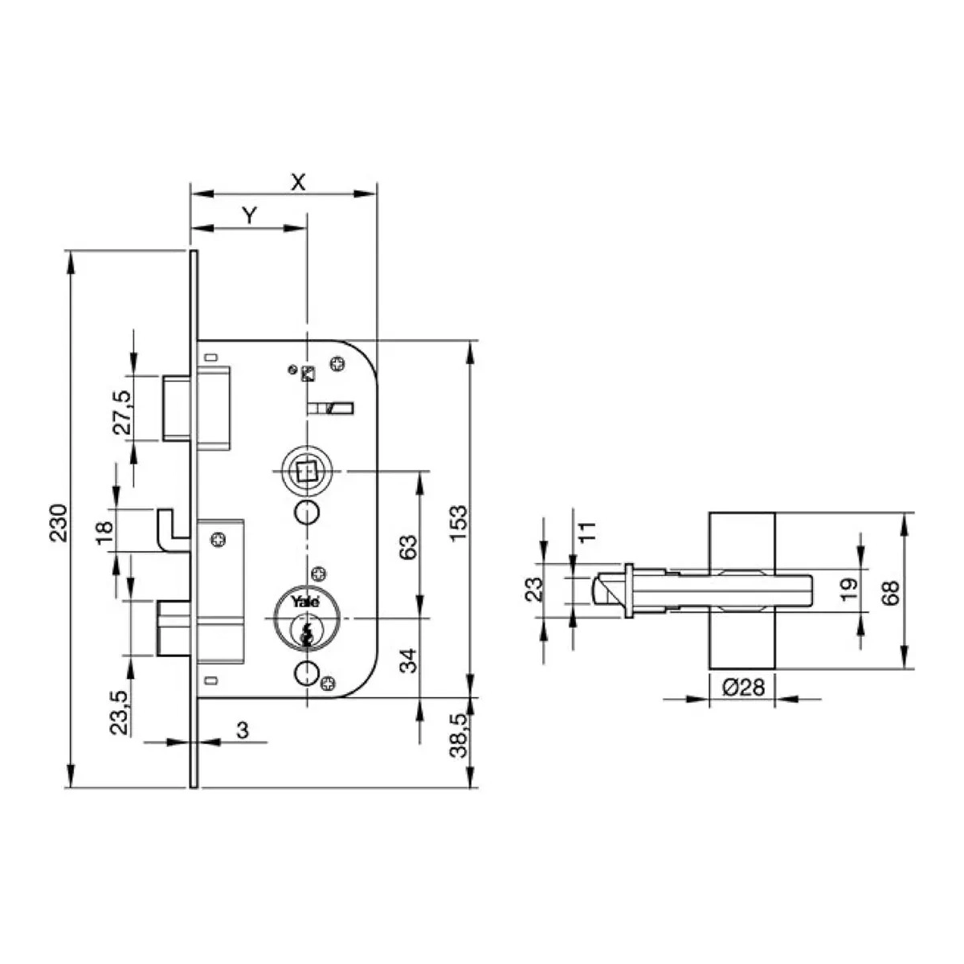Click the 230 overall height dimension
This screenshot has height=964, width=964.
(59, 523)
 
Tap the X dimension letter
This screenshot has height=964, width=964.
(298, 182)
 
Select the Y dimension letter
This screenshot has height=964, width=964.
(250, 216)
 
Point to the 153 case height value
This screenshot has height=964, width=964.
(458, 523)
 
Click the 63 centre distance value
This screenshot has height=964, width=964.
(408, 547)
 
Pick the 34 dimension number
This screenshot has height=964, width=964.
(408, 660)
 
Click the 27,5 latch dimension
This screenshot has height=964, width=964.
(121, 413)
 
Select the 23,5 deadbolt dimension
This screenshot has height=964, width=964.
(119, 713)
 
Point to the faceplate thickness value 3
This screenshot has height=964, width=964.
(242, 730)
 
